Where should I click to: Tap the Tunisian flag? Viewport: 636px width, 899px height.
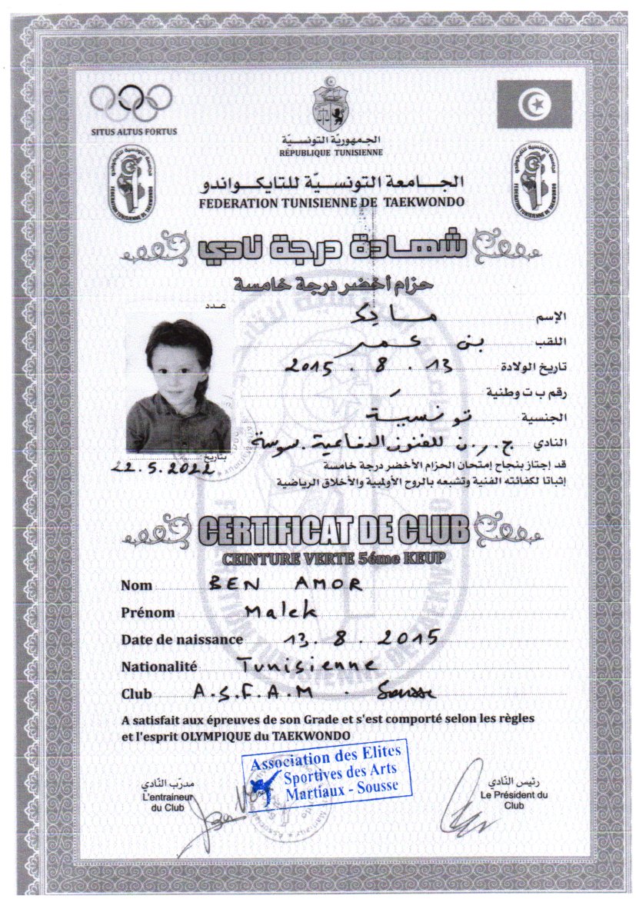pos(534,104)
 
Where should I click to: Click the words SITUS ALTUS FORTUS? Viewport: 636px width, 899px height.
pos(133,132)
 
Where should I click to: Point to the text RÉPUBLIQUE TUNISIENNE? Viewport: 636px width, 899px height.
pos(331,152)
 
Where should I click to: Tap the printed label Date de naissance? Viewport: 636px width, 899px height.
pos(181,640)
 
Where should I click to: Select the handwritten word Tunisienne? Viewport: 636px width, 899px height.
pos(306,664)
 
